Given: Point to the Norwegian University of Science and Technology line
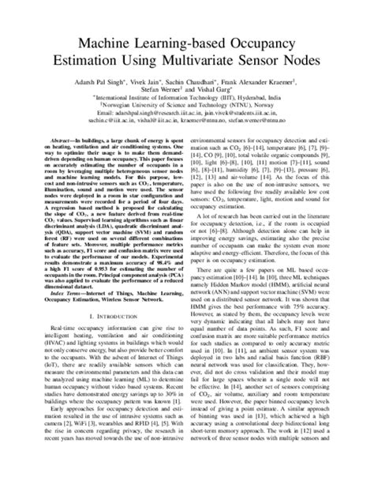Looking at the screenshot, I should [x=188, y=107].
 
